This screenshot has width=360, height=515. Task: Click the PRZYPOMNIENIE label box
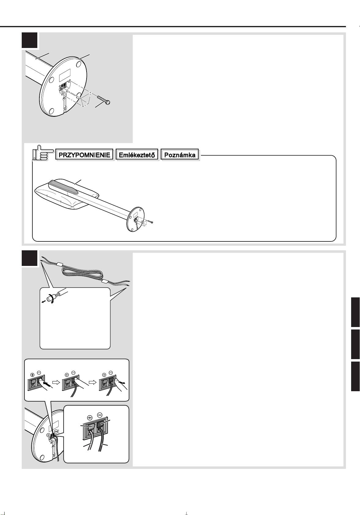84,155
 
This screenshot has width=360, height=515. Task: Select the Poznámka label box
180,155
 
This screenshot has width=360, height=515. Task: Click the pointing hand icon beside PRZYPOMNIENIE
41,153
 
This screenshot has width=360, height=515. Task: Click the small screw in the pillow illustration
151,222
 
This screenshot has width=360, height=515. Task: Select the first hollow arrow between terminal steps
56,382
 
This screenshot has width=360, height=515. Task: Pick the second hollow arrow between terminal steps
92,382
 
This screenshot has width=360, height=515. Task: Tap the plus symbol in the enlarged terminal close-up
90,418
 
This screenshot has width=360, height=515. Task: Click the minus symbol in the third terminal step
111,373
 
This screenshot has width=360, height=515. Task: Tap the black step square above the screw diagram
29,40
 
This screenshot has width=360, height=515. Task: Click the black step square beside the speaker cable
29,258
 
